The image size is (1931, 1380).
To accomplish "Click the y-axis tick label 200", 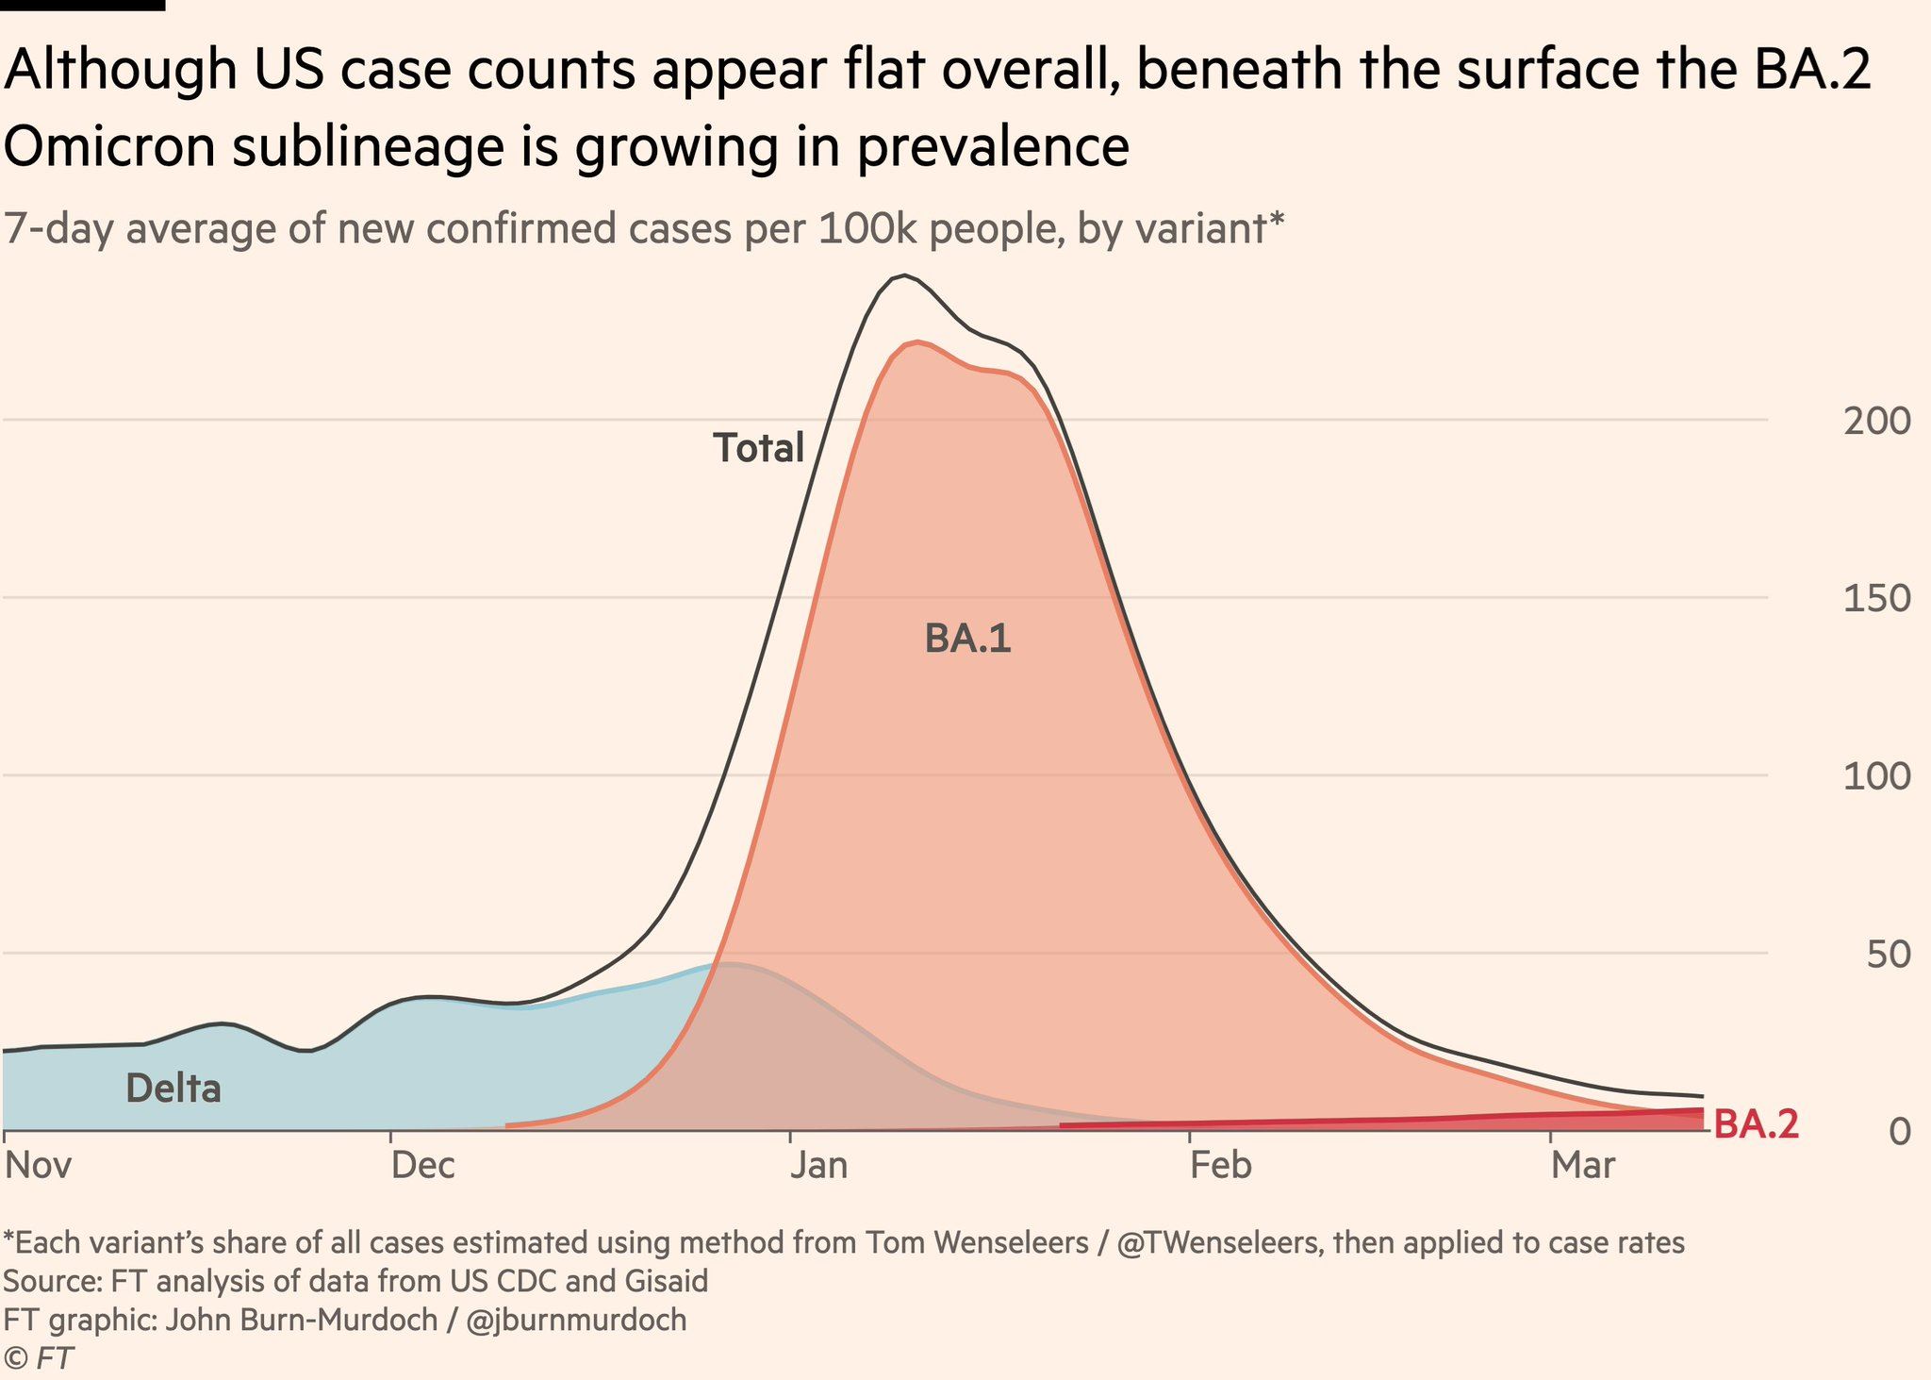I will coord(1876,421).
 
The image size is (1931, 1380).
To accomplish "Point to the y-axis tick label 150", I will coord(1876,598).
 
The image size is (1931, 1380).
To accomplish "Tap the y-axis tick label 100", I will coord(1876,776).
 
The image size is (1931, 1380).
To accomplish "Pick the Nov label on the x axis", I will coord(39,1166).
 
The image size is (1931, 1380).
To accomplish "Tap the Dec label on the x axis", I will coord(423,1166).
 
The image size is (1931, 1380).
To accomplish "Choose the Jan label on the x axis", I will coord(819,1166).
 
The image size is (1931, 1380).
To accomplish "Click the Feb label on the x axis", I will coord(1221,1166).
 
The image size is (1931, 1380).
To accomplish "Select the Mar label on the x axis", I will coord(1584,1166).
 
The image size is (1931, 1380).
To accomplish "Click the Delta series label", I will coord(173,1089).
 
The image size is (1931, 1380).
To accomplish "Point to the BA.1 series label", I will coord(967,640).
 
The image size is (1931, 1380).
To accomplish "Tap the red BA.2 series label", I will coord(1756,1125).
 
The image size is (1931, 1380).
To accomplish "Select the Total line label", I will coord(758,448).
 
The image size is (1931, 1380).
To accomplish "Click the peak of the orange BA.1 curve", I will coord(917,342).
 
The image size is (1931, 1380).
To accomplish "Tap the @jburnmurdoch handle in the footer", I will coord(576,1320).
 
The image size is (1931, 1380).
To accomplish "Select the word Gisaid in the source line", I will coord(666,1281).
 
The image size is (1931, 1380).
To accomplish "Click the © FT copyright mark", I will coord(39,1358).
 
